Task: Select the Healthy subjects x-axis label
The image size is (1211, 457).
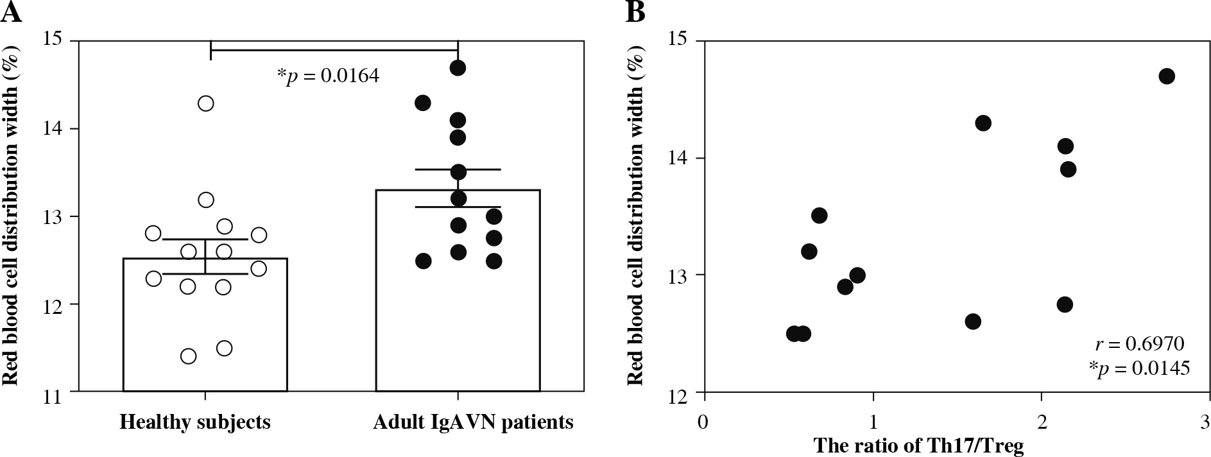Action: [195, 422]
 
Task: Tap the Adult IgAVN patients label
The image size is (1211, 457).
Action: [474, 422]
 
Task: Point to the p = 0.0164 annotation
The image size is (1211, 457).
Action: [328, 76]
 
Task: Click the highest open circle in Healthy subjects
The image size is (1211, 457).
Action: [205, 103]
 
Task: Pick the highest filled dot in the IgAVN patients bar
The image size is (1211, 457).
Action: [458, 68]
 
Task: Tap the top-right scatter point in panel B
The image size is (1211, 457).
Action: [1167, 76]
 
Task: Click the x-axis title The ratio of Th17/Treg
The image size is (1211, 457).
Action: [918, 445]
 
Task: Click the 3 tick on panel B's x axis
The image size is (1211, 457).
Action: [1205, 422]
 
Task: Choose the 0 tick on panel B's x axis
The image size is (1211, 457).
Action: [704, 422]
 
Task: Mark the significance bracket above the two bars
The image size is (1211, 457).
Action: [334, 49]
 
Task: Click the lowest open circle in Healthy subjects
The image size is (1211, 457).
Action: [188, 356]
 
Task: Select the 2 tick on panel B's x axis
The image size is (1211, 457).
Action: [1040, 422]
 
